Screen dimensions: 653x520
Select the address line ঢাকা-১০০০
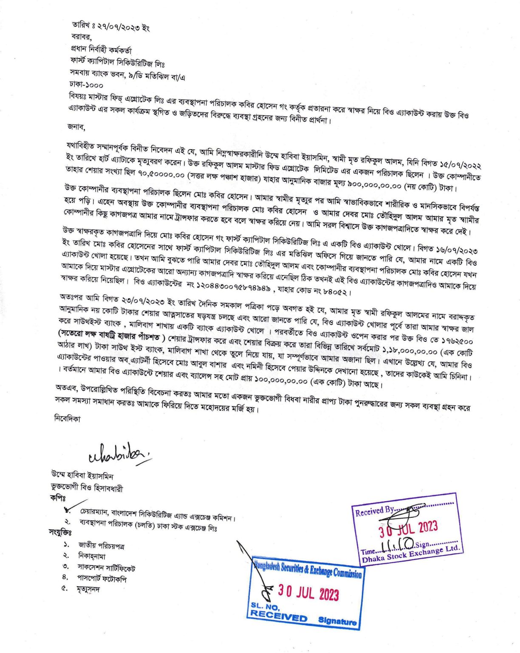(x=86, y=85)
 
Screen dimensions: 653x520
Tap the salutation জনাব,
(x=76, y=126)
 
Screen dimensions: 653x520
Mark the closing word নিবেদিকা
(x=67, y=418)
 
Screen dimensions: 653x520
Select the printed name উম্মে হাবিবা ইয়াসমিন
(x=82, y=476)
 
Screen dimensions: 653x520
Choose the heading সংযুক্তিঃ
(x=59, y=532)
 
